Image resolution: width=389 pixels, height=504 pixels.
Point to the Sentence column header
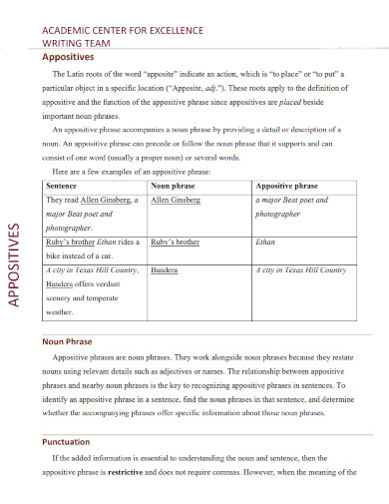pyautogui.click(x=62, y=186)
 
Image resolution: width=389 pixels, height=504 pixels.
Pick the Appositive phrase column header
pyautogui.click(x=286, y=186)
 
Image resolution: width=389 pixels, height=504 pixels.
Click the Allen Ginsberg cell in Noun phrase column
pyautogui.click(x=176, y=200)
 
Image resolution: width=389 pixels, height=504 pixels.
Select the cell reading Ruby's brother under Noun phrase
pyautogui.click(x=176, y=242)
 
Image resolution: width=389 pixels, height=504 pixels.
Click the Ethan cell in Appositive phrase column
pyautogui.click(x=265, y=242)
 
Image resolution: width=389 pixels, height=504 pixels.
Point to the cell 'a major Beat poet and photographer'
pyautogui.click(x=292, y=207)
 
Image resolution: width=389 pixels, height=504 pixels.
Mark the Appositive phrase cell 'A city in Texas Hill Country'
pyautogui.click(x=301, y=269)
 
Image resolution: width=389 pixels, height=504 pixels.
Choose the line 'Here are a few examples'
pyautogui.click(x=132, y=171)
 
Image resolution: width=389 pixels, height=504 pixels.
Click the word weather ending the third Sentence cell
pyautogui.click(x=62, y=310)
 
